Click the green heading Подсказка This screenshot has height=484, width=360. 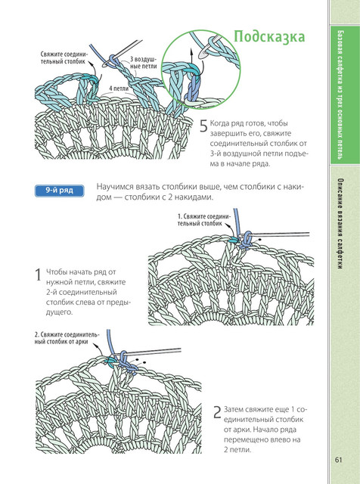[269, 37]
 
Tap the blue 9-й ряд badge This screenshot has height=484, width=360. [59, 191]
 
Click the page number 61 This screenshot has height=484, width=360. [338, 460]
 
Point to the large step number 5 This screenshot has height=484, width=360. [203, 126]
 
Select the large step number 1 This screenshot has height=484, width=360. [39, 275]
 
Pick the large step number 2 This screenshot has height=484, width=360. [217, 412]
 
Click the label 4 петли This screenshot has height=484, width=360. [119, 88]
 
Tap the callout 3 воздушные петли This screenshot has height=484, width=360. [143, 63]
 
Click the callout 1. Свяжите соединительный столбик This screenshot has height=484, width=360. [203, 220]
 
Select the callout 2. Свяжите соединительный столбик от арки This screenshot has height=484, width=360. [67, 338]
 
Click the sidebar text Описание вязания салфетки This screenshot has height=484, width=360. [340, 224]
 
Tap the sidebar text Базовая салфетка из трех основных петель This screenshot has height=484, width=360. [340, 95]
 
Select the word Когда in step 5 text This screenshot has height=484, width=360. [219, 123]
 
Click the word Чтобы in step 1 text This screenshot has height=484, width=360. [56, 272]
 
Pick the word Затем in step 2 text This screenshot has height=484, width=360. [234, 410]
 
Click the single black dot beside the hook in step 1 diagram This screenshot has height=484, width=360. [259, 239]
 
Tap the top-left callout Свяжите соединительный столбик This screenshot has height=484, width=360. [64, 57]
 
